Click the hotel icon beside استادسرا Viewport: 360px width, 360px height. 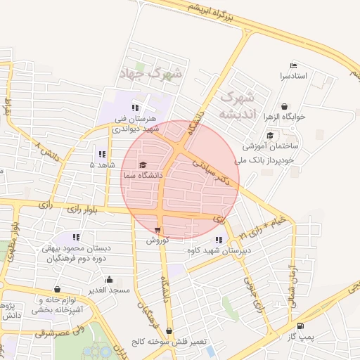pos(293,65)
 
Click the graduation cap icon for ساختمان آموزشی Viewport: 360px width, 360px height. pos(269,136)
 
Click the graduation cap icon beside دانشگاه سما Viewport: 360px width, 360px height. pos(143,165)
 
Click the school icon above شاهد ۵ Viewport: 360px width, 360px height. pos(102,154)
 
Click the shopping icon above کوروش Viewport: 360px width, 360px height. pos(157,230)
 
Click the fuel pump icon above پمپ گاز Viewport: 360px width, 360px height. pos(301,326)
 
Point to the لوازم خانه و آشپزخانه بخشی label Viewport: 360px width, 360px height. pos(59,304)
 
